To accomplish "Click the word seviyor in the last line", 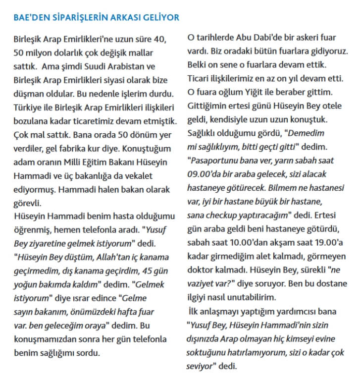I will (201, 366).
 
